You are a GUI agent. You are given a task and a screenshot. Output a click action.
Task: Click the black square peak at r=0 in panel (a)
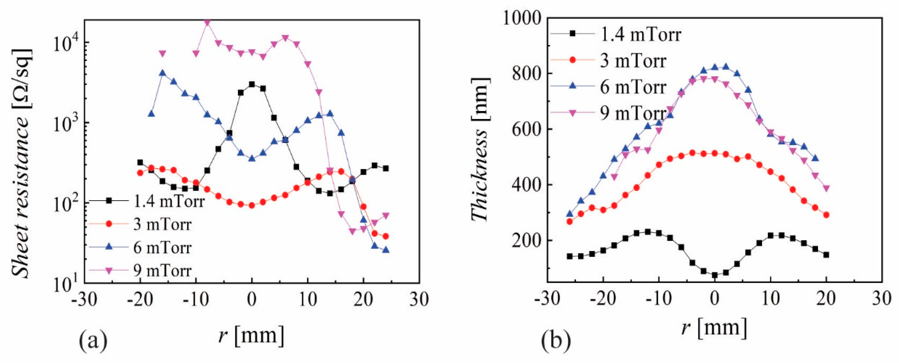click(252, 84)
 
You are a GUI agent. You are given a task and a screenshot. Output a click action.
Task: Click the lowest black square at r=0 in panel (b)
click(714, 275)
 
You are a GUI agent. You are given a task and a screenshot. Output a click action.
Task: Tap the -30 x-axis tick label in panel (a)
click(84, 299)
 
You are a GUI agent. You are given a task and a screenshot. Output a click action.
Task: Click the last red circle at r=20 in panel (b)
click(826, 215)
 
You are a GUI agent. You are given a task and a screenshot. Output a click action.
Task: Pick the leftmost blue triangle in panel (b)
click(570, 213)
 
